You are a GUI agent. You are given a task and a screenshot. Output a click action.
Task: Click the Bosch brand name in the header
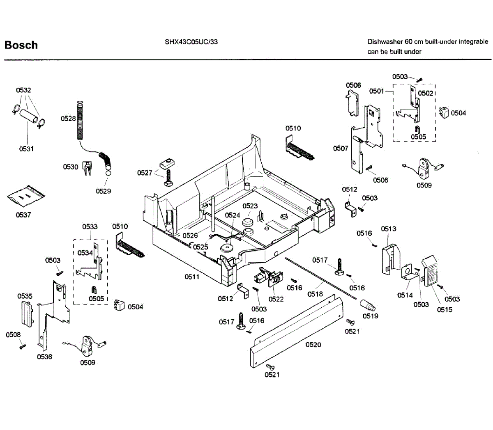[21, 45]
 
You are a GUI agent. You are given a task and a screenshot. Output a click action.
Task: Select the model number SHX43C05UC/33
[191, 42]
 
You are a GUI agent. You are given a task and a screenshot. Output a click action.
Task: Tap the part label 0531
[27, 149]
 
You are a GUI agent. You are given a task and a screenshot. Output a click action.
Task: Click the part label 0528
[68, 119]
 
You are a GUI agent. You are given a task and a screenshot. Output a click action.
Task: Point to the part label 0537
[23, 215]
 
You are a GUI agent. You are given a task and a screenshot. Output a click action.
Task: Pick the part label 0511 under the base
[192, 277]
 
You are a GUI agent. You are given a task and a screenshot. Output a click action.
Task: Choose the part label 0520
[313, 345]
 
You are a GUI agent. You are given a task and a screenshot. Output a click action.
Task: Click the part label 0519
[371, 316]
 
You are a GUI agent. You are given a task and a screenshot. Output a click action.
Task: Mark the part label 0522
[276, 299]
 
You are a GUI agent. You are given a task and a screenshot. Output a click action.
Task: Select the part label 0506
[353, 85]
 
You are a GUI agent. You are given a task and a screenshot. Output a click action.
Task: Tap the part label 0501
[377, 91]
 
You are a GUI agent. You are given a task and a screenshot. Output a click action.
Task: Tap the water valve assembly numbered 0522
[268, 277]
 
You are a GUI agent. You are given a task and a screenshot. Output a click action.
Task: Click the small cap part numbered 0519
[368, 306]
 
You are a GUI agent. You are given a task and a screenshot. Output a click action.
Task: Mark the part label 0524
[233, 215]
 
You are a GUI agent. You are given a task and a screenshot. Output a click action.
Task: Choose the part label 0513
[389, 229]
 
